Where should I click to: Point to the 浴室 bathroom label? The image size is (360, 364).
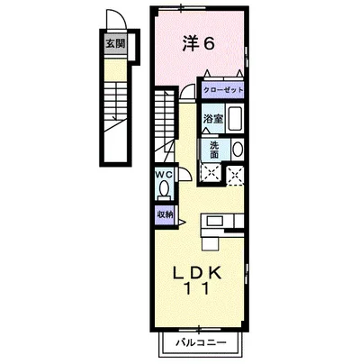click(212, 118)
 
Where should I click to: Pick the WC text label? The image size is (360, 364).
click(164, 175)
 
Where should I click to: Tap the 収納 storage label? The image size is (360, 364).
click(165, 214)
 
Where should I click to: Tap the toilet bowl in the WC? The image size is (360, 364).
click(165, 188)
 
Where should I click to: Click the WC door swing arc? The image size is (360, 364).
click(181, 174)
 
